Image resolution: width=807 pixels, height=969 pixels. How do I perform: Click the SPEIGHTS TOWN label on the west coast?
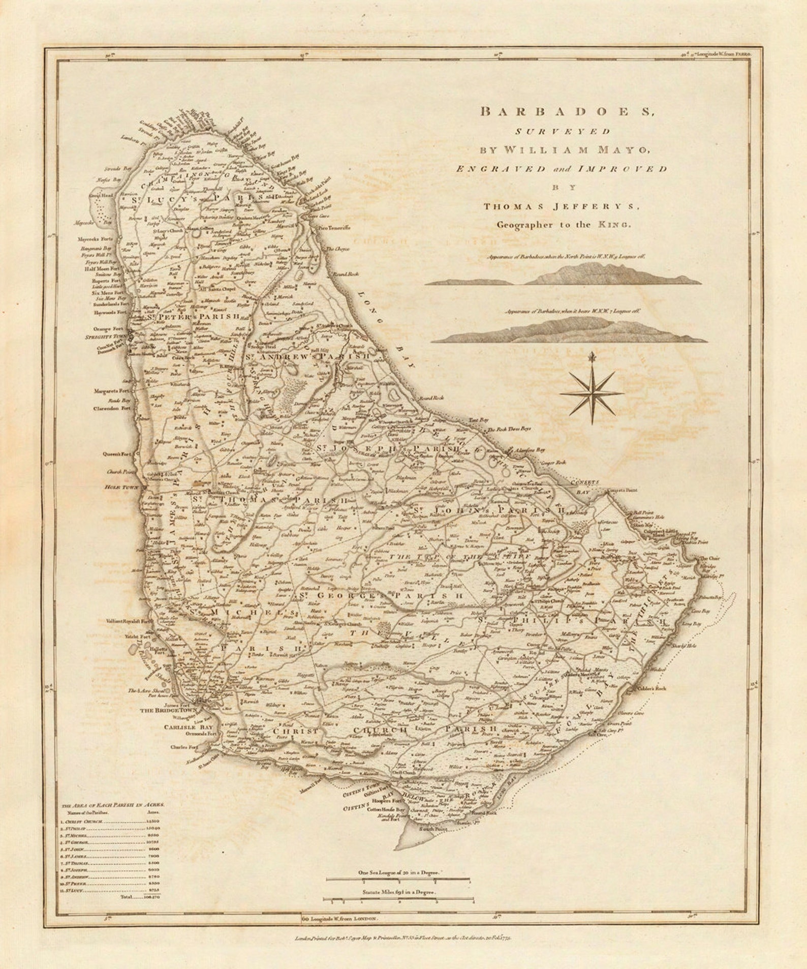(107, 337)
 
